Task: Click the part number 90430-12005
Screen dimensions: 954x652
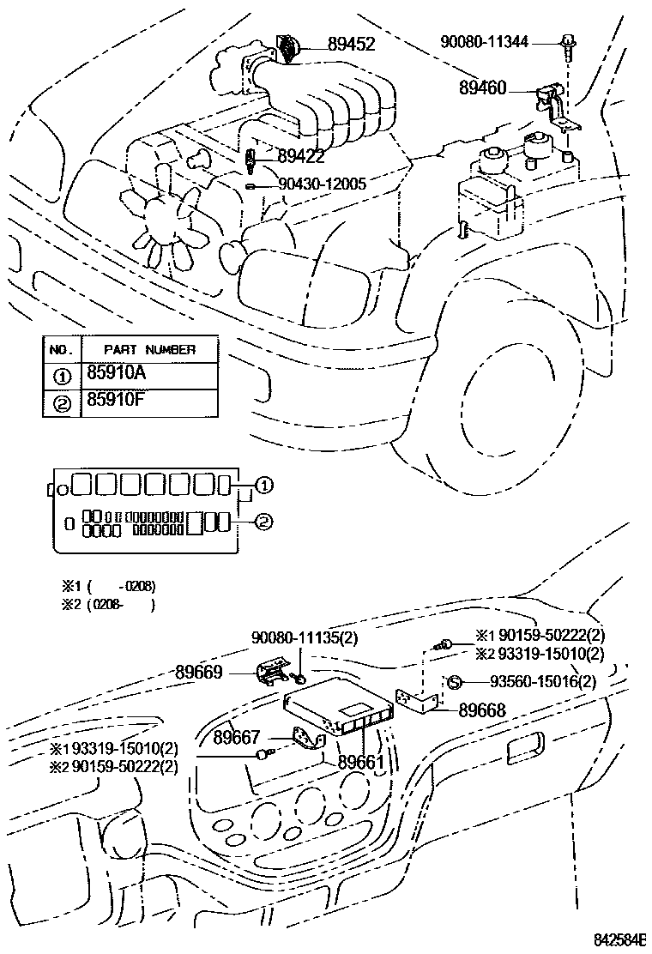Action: (x=322, y=184)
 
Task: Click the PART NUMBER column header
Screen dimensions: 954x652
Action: (x=149, y=349)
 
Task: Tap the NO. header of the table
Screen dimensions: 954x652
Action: (x=60, y=349)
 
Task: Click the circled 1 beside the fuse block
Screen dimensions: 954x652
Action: (x=263, y=486)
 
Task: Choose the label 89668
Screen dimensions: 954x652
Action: (x=481, y=709)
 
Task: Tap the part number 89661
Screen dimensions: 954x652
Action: (x=361, y=761)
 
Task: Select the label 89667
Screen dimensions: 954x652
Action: (x=238, y=737)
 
